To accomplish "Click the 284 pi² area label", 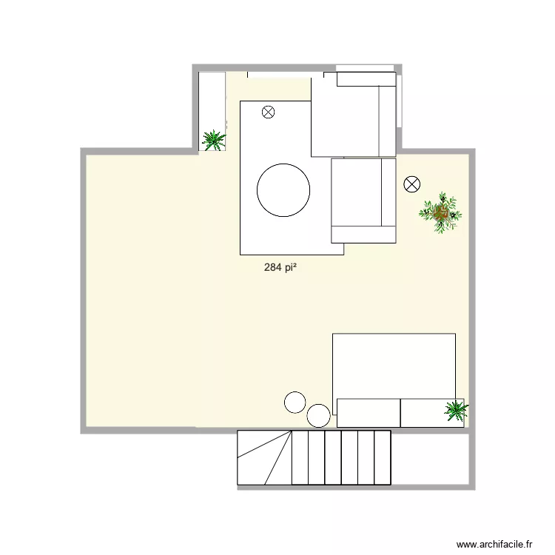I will tap(280, 268).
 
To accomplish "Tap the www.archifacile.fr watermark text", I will tap(494, 544).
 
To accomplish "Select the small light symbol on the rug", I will tap(268, 112).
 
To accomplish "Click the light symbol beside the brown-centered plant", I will tap(411, 184).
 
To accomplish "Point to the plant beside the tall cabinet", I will tap(214, 139).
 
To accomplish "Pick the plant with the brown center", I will tap(441, 214).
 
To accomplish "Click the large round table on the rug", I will tap(283, 189).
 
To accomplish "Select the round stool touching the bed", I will tap(320, 415).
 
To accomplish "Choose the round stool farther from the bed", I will tap(295, 402).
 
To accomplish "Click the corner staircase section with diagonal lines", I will tap(264, 457).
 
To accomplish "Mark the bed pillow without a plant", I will tap(368, 412).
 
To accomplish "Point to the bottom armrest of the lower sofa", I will tap(363, 235).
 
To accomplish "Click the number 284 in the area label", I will tap(272, 268).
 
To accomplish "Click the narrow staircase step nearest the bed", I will tap(383, 457).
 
